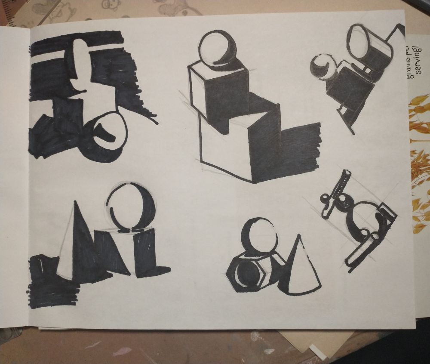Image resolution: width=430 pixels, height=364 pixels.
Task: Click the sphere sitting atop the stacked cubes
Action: coord(217,48)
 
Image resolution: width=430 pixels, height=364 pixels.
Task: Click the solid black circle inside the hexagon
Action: coord(246,272)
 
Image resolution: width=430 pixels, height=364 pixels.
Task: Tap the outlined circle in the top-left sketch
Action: coord(110,131)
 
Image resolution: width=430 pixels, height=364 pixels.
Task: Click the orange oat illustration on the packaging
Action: coord(419,163)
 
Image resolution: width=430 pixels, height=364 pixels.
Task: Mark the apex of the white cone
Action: coord(298,236)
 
